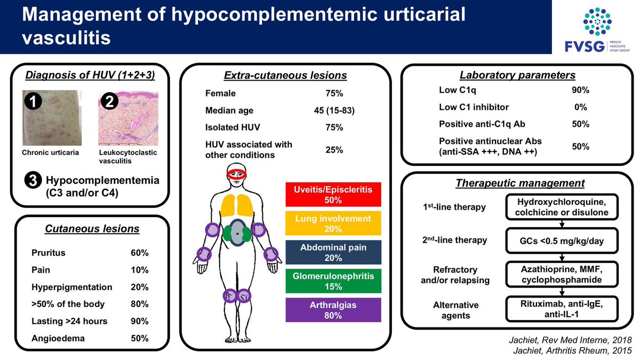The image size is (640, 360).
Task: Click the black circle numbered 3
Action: [x=32, y=181]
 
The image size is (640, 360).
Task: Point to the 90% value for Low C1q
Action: [x=580, y=90]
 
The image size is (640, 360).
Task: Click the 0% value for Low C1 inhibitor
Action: [x=580, y=107]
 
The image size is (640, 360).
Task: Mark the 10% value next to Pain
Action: [x=140, y=270]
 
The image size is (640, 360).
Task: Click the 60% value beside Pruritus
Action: [x=140, y=253]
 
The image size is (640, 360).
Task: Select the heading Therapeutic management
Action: [x=520, y=183]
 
